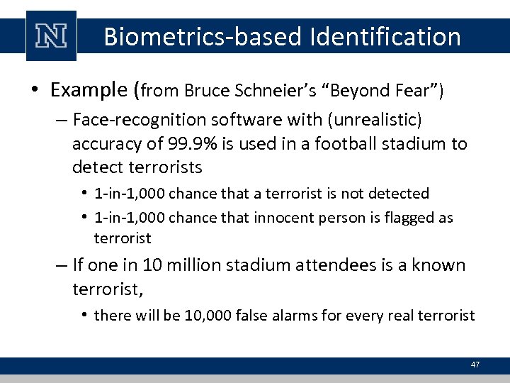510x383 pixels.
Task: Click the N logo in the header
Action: pos(52,37)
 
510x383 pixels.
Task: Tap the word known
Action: pos(440,266)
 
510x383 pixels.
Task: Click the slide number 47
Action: pos(475,365)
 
